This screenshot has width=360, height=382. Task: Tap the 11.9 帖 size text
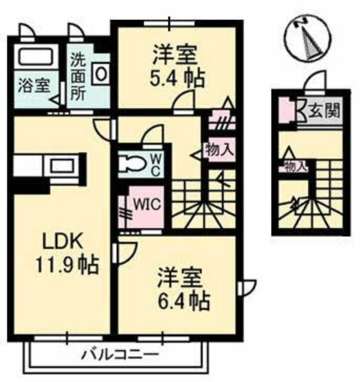pyautogui.click(x=67, y=265)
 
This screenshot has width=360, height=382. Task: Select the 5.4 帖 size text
pyautogui.click(x=176, y=78)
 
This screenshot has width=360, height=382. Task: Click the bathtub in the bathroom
pyautogui.click(x=36, y=57)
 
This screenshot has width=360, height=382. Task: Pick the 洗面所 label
pyautogui.click(x=78, y=78)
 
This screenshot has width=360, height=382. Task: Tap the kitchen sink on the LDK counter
pyautogui.click(x=62, y=166)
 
